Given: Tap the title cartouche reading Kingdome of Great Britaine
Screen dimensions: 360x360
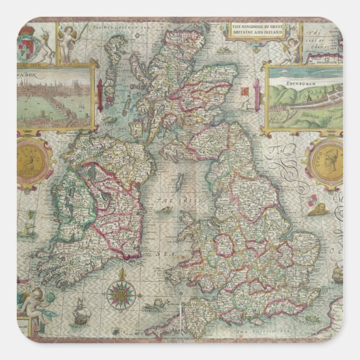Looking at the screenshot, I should (x=258, y=30).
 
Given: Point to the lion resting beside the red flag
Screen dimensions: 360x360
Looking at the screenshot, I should (x=320, y=211).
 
